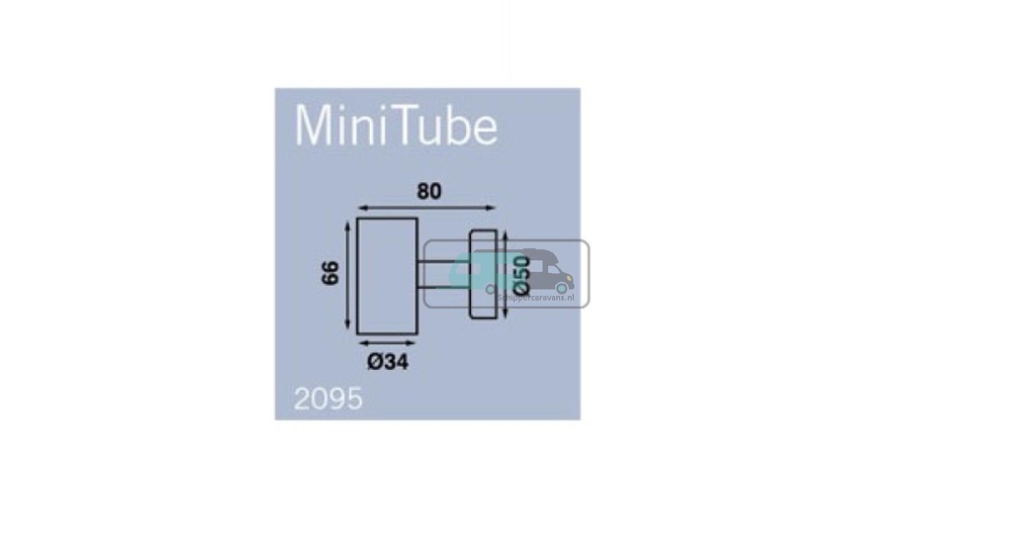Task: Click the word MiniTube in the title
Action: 396,126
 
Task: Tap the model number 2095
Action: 328,399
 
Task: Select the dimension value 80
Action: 427,192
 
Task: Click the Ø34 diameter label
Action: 388,362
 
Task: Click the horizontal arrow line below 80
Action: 425,208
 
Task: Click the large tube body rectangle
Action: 388,275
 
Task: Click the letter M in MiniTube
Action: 315,126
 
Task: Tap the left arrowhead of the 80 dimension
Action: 361,208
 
